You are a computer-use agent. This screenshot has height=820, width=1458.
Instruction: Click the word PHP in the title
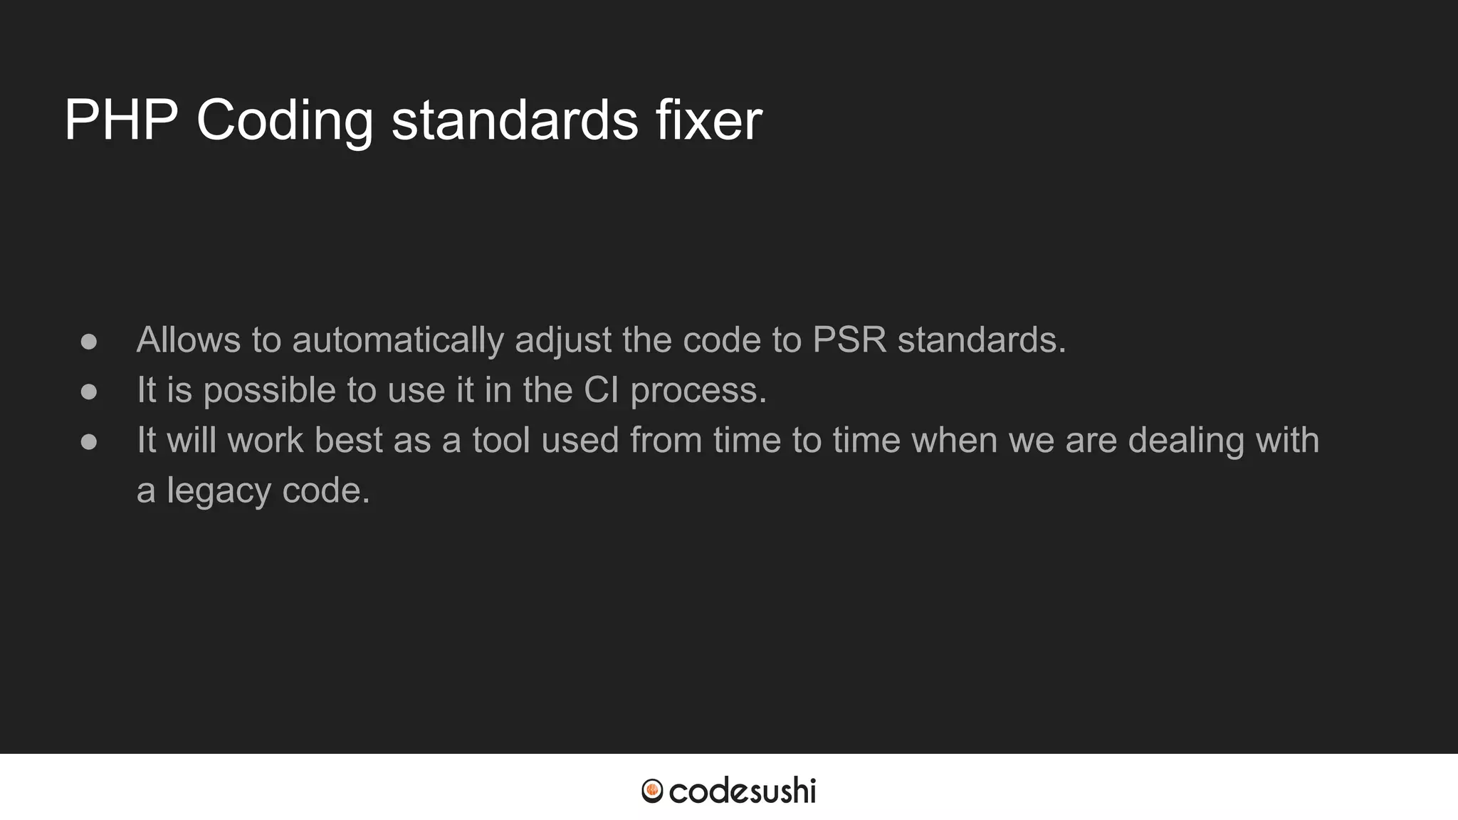tap(121, 120)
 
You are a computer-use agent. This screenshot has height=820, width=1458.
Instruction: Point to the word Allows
tap(189, 340)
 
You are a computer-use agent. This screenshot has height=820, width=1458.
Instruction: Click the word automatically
tap(398, 340)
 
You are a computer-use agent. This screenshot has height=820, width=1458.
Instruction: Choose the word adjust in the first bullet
tap(562, 341)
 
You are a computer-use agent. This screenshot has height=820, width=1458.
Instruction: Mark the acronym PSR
tap(849, 340)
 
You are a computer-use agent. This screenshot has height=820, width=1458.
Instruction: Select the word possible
tap(269, 391)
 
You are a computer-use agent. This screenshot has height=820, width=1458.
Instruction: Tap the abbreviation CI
tap(601, 390)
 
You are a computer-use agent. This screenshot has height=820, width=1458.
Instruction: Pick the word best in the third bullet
tap(349, 440)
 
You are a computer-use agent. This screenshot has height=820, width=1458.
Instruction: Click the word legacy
tap(219, 491)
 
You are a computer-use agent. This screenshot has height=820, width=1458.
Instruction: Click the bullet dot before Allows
tap(89, 341)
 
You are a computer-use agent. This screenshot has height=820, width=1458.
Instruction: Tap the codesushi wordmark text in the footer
tap(742, 791)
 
